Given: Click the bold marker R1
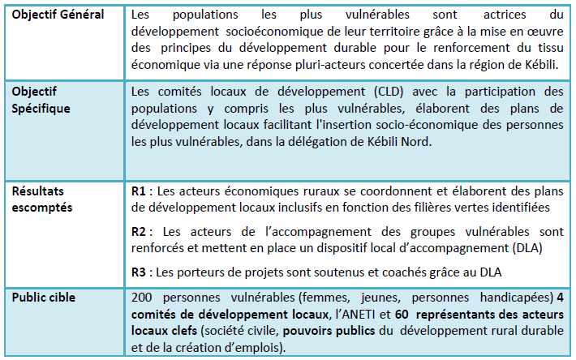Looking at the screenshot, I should tap(139, 191).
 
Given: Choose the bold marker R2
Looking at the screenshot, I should tap(139, 231).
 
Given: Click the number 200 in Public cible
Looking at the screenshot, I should tap(142, 297).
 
